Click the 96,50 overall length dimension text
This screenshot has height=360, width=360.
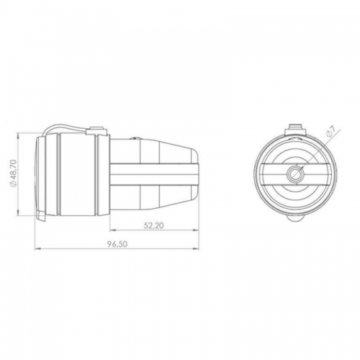118,244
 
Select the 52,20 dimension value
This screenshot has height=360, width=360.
154,225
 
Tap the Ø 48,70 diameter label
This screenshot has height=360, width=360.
13,173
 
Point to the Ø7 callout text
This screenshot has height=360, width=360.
330,132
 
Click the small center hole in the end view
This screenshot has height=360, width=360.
295,173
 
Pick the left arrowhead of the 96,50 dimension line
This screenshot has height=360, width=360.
38,248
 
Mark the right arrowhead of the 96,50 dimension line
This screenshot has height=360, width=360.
196,248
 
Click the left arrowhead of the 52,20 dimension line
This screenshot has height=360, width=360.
114,230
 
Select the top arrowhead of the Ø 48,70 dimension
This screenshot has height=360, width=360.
18,135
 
